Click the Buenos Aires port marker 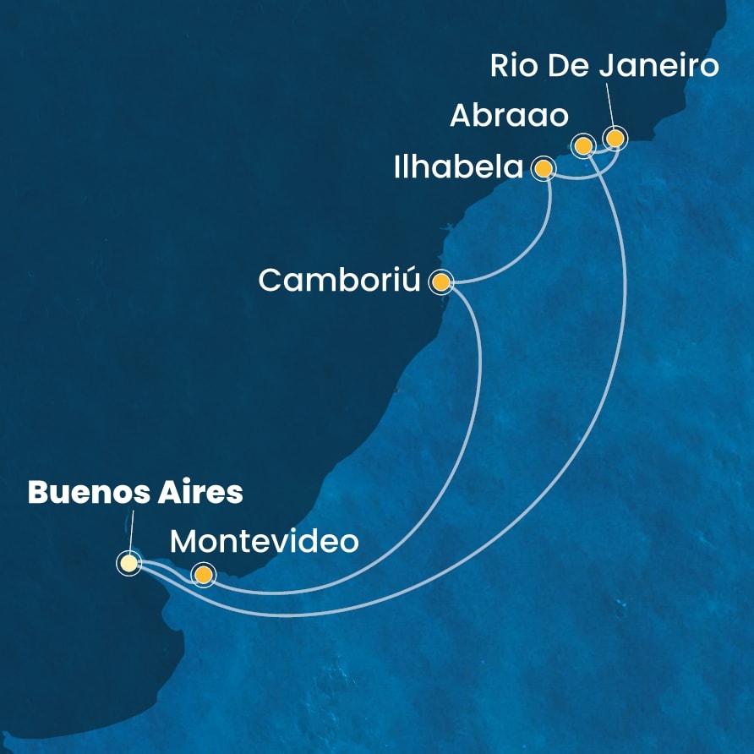128,562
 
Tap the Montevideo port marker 202,575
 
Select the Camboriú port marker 440,281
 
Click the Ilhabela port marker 543,169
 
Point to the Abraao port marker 582,145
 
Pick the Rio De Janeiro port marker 615,137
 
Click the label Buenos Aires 135,493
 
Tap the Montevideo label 264,540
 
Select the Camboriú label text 339,281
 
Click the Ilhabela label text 459,167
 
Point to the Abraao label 509,117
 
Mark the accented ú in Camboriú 410,281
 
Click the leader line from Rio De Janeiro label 609,107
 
